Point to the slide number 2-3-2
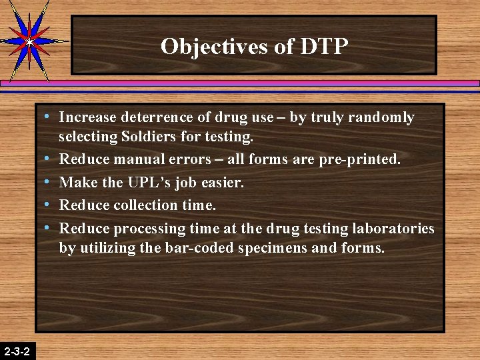[x=17, y=351]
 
